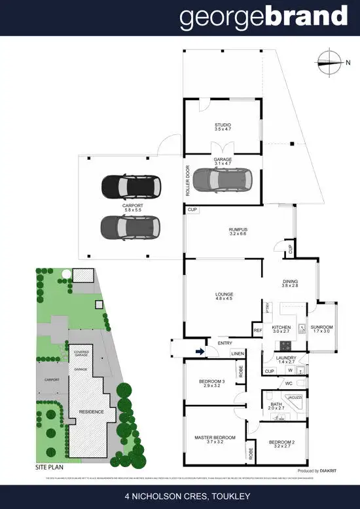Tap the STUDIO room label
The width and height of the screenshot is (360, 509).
pos(223,126)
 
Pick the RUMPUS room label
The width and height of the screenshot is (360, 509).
pos(237,231)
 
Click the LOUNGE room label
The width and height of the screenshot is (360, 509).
pos(224,297)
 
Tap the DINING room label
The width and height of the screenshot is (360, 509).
pos(290,283)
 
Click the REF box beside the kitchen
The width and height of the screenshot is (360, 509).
pos(257,330)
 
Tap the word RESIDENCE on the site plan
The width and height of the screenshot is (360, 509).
pos(90,412)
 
